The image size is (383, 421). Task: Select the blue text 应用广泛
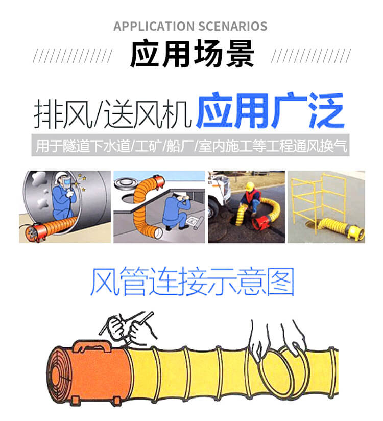pyautogui.click(x=270, y=111)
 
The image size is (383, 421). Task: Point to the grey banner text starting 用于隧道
pyautogui.click(x=192, y=147)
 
